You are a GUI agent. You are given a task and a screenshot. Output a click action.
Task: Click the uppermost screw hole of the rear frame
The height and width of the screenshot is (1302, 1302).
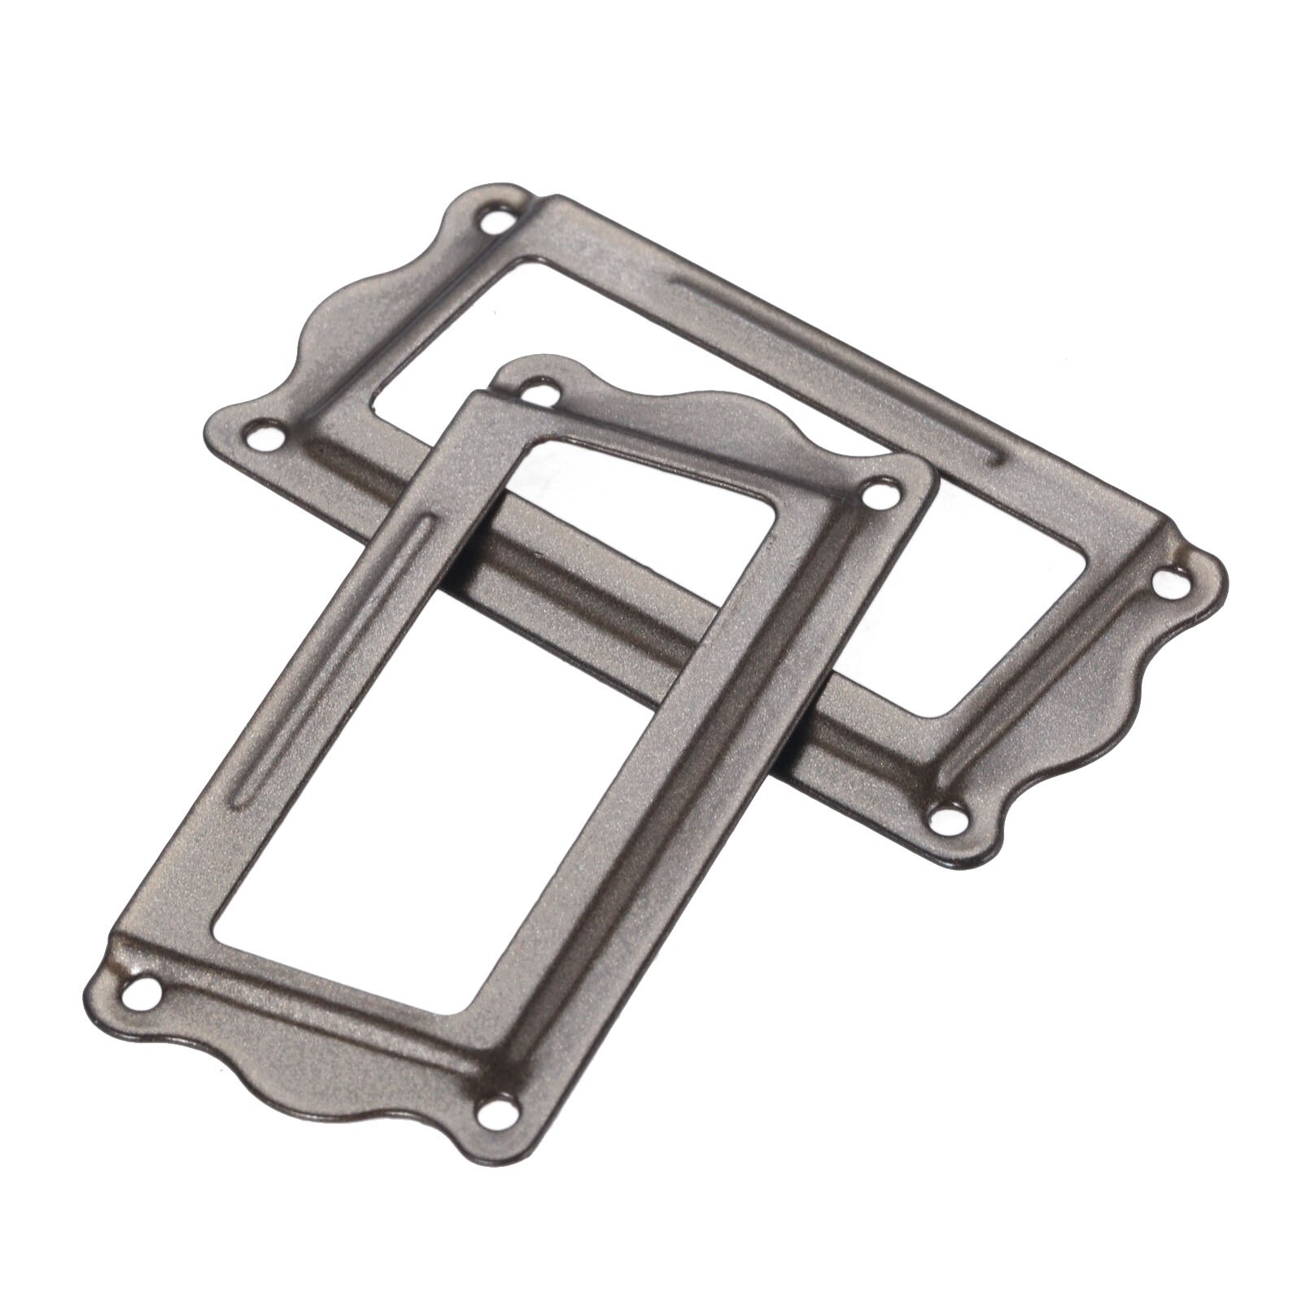click(494, 220)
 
